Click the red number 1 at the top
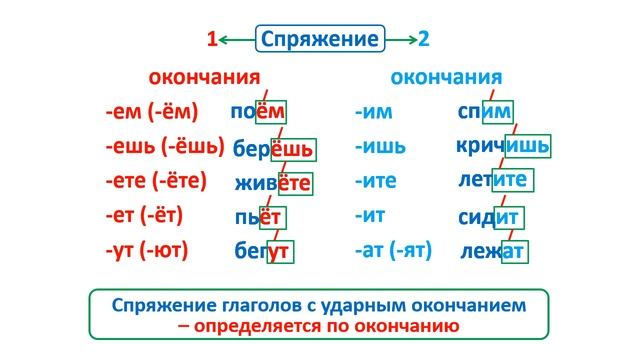click(x=211, y=40)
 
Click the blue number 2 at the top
click(x=424, y=40)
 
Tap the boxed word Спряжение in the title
click(x=320, y=40)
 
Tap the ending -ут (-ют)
click(x=146, y=250)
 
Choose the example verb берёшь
click(x=273, y=149)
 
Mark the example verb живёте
click(x=273, y=183)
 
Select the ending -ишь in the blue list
click(x=380, y=147)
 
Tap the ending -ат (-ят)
click(x=393, y=250)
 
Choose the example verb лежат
click(x=493, y=251)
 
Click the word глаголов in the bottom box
click(x=281, y=303)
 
